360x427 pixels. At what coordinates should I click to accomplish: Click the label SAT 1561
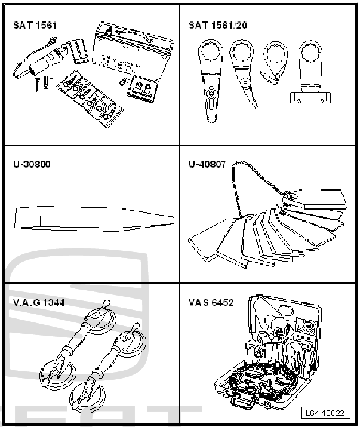35,26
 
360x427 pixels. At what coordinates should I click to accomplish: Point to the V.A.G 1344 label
39,303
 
